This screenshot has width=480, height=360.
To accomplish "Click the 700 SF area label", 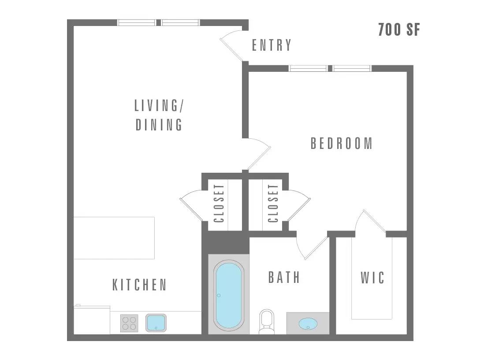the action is [399, 30].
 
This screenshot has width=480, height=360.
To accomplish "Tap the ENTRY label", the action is [271, 45].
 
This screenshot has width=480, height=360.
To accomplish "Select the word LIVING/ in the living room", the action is [159, 105].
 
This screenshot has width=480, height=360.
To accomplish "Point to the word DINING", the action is [159, 125].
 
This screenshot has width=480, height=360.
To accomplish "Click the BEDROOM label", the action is [342, 143].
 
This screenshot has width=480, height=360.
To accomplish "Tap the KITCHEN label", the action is [140, 285].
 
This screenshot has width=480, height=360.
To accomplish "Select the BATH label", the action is [284, 277].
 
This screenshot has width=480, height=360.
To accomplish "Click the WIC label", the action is [372, 278].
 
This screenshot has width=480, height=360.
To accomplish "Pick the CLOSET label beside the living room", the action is [219, 203].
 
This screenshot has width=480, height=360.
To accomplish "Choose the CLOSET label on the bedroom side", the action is [273, 203].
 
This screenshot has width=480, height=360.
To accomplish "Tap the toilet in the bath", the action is [267, 321].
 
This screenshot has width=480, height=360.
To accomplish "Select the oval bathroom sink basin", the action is [308, 323].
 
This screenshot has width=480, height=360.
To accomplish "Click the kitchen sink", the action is [156, 323].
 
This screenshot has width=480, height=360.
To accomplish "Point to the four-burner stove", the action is [129, 323].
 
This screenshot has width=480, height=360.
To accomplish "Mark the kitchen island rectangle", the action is [114, 238].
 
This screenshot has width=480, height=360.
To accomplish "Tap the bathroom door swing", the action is [312, 247].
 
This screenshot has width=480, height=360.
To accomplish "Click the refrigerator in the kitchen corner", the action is [92, 319].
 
